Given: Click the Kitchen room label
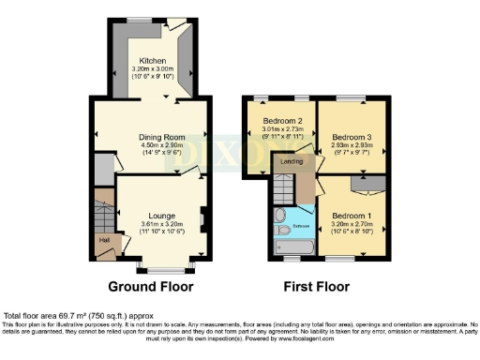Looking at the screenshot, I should (x=152, y=60).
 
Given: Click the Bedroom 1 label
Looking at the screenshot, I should (x=352, y=217).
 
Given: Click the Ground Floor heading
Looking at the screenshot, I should (x=150, y=286).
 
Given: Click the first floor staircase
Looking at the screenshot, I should (x=283, y=192).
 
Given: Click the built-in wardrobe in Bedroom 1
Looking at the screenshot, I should (x=368, y=184).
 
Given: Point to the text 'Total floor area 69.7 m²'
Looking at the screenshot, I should (x=56, y=317).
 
